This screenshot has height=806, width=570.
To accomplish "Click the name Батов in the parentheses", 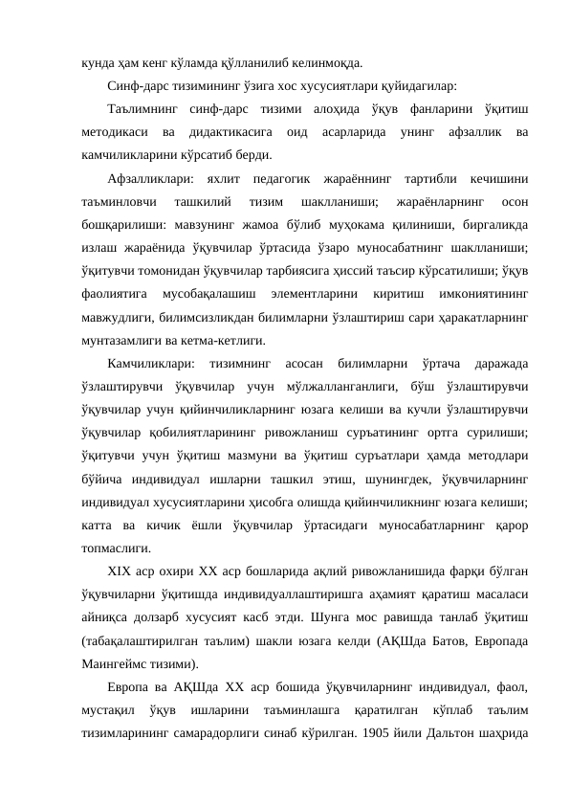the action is pos(449,641).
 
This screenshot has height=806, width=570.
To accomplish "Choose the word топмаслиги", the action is pos(112,549).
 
